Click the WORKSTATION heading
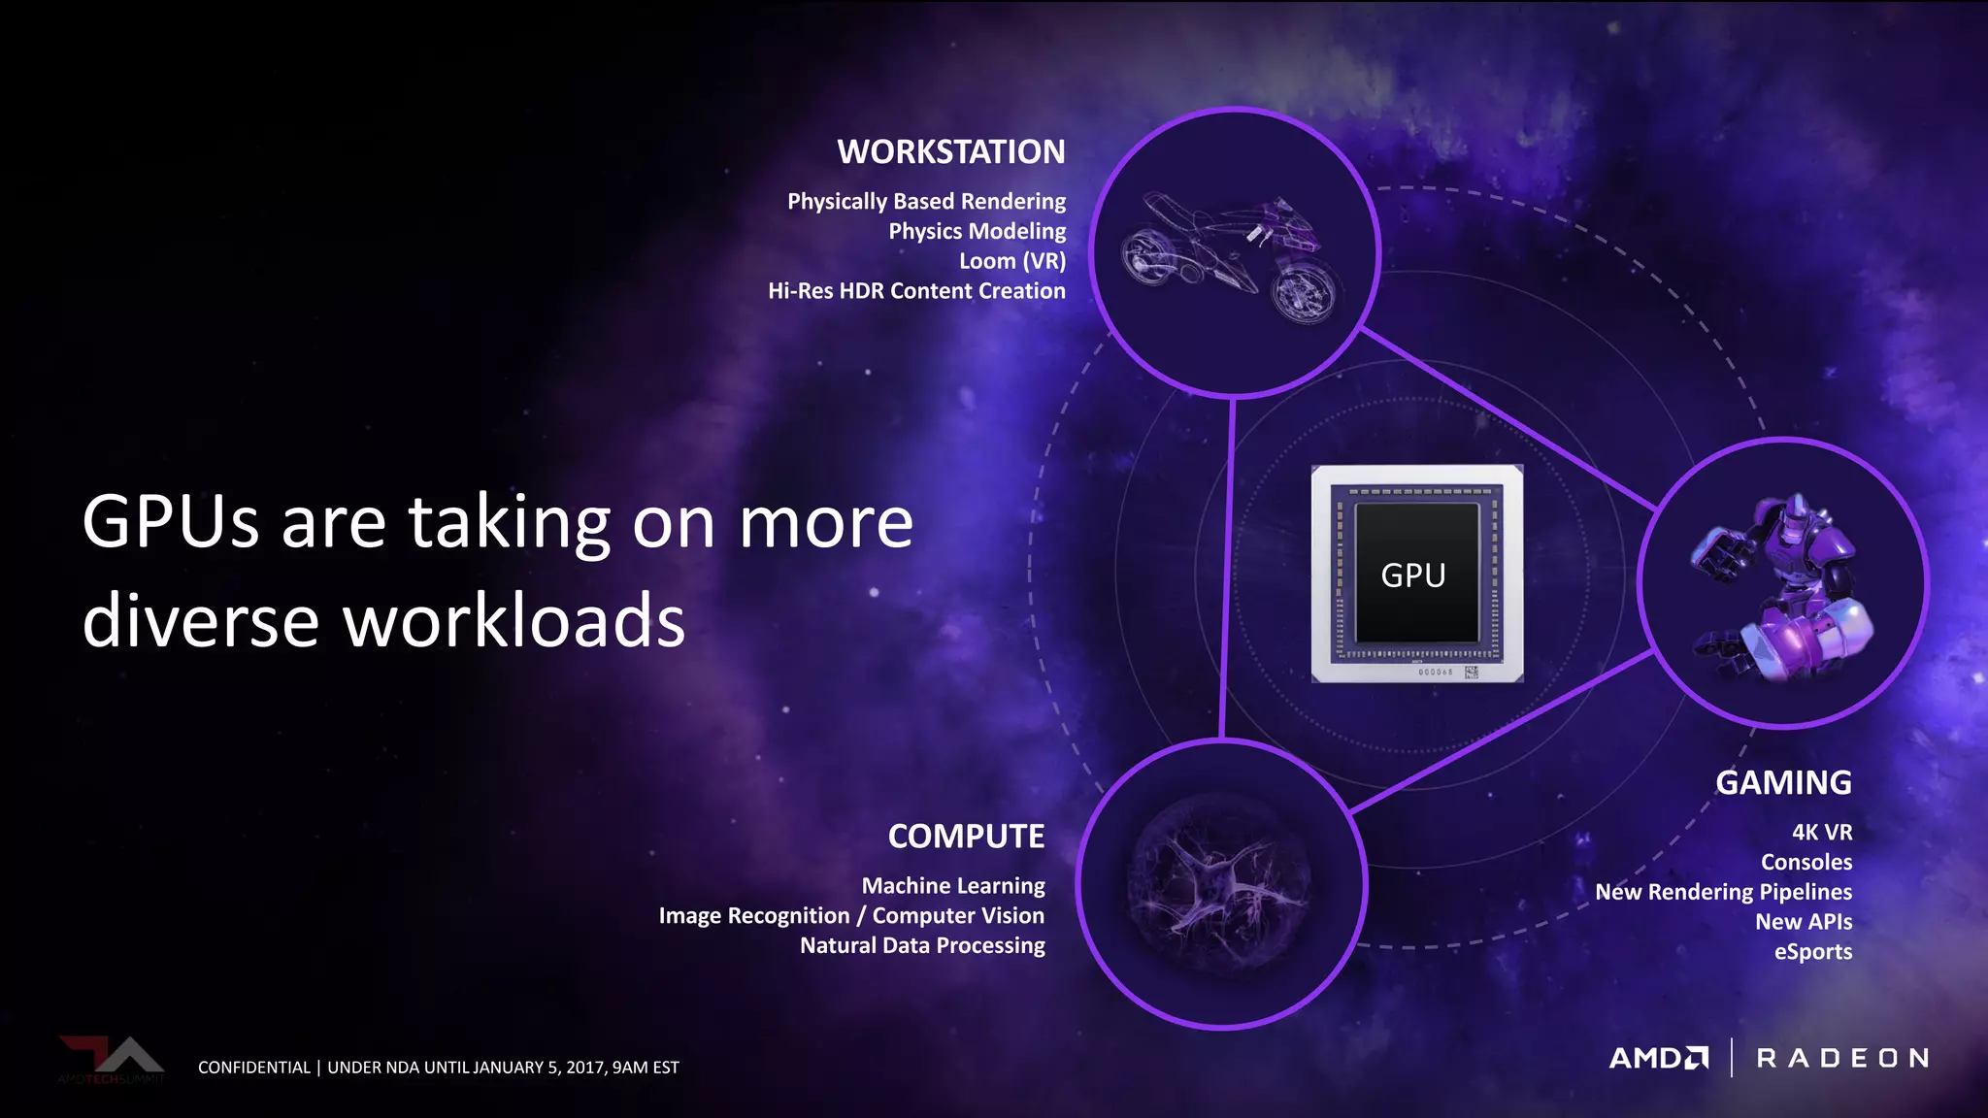[x=951, y=152]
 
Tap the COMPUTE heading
[x=966, y=837]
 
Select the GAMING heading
[x=1783, y=783]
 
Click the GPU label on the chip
[x=1413, y=575]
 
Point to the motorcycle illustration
[x=1230, y=256]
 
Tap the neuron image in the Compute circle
[x=1221, y=883]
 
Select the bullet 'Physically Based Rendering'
[x=926, y=202]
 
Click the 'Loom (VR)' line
[x=1011, y=261]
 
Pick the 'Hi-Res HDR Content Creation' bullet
[x=916, y=291]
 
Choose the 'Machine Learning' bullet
[x=953, y=886]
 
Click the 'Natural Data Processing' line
[x=922, y=945]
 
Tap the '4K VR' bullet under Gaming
[x=1821, y=833]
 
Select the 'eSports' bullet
[x=1812, y=952]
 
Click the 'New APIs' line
[x=1803, y=922]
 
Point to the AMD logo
[x=1659, y=1058]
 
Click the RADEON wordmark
[x=1842, y=1058]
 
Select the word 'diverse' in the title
[x=201, y=621]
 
